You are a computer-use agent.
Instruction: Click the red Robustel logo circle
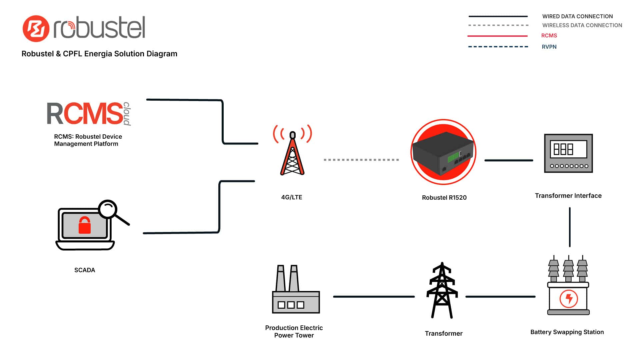click(36, 29)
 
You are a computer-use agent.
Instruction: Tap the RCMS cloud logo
click(88, 114)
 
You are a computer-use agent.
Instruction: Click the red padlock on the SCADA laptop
click(85, 225)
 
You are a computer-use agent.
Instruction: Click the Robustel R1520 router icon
click(443, 152)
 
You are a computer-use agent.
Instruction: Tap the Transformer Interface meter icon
click(568, 153)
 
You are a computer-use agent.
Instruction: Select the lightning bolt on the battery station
click(569, 298)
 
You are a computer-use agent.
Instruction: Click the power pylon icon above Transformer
click(442, 291)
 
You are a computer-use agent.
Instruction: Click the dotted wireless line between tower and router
click(361, 160)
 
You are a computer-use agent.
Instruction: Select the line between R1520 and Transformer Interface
click(509, 160)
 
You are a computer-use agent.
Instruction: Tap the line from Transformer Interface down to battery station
click(570, 227)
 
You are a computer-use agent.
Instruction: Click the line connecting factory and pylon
click(374, 296)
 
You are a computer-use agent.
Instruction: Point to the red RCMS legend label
click(549, 36)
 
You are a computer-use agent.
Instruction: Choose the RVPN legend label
click(549, 47)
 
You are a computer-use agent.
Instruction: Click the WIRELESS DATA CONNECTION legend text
click(582, 25)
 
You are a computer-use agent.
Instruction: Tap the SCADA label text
click(85, 270)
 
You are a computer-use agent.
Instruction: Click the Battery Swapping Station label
click(567, 332)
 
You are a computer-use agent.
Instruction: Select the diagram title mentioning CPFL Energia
click(99, 54)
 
